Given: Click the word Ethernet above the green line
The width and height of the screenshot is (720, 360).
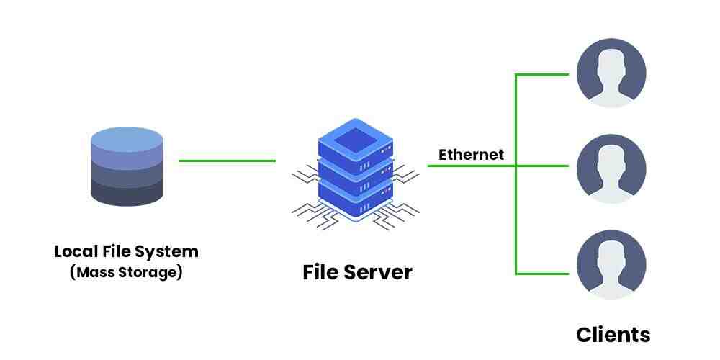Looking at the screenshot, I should (x=471, y=155).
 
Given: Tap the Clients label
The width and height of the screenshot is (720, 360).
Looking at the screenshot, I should (x=613, y=335).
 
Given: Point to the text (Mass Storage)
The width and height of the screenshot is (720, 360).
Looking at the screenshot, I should (x=126, y=273).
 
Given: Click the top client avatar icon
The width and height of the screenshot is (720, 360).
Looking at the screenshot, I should (x=611, y=73).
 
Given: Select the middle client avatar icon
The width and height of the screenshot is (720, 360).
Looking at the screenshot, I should (x=611, y=167).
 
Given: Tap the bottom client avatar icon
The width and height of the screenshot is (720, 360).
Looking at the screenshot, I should (x=611, y=264).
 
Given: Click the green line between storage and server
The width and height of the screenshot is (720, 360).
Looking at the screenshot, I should (x=227, y=161).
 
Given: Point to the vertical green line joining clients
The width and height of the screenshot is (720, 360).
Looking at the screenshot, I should (x=516, y=216).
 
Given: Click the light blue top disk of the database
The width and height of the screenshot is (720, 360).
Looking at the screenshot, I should (x=126, y=138).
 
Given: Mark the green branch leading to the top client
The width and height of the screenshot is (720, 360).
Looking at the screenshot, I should (x=545, y=73).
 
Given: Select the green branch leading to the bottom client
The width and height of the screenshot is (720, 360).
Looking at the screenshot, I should (x=545, y=273).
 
